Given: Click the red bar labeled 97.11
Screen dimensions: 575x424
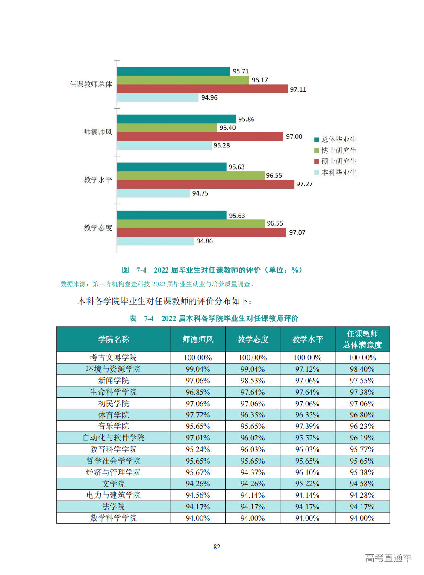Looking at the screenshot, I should (202, 89).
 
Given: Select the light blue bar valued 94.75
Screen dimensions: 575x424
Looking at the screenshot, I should (153, 194).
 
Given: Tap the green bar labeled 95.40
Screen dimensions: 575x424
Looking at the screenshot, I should (167, 128).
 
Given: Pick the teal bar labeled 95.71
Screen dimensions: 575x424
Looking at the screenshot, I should (173, 71).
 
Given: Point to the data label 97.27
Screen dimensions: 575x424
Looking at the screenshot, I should (304, 184).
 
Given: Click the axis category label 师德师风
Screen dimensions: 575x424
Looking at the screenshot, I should (98, 132).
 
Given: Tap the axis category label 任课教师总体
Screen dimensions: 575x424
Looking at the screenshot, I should (91, 84).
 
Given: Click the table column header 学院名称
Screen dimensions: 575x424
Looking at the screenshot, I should (114, 339).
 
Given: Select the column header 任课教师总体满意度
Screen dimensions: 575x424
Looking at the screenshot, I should (362, 339).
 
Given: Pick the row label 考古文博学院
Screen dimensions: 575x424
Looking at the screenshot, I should (113, 358).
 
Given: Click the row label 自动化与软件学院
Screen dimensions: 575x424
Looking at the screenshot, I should (113, 438).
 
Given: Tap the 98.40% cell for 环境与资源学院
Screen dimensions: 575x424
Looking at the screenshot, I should (362, 369).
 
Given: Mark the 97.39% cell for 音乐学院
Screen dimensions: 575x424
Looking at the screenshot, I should (307, 426).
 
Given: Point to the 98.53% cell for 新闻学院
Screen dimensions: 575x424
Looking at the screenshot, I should (253, 381).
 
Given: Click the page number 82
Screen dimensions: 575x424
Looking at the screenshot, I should (217, 547).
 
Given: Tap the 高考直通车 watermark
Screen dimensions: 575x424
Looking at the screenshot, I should (388, 558).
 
